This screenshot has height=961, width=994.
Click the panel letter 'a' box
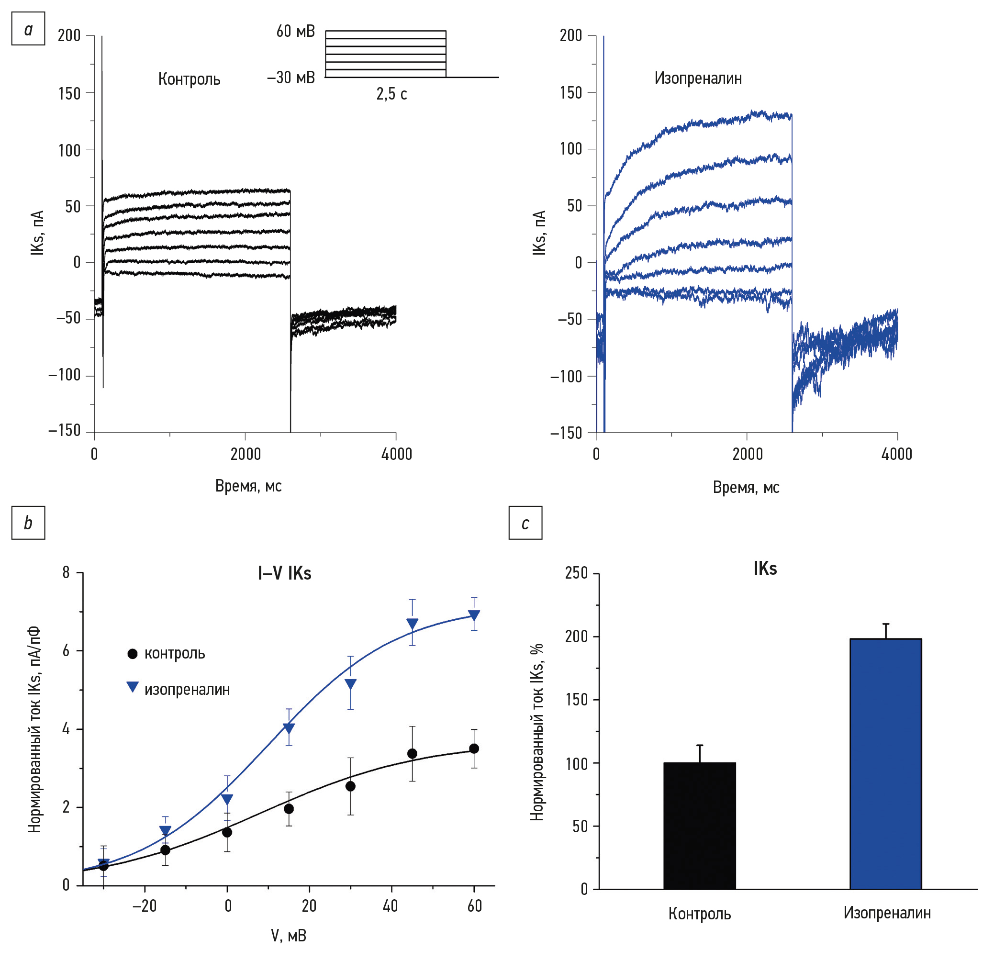click(28, 29)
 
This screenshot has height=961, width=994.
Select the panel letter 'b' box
click(28, 522)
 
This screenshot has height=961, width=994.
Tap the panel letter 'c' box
click(525, 522)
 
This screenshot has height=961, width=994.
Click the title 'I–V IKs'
click(284, 573)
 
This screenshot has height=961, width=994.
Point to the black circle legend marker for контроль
click(133, 654)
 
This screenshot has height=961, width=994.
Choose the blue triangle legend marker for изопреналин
click(133, 688)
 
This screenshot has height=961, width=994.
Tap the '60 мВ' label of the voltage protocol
click(295, 32)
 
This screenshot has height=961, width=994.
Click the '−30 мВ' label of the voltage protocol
click(291, 78)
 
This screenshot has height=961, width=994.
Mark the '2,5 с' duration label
click(391, 94)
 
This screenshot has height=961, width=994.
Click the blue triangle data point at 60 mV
click(474, 615)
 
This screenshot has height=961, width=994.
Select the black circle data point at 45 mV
click(413, 754)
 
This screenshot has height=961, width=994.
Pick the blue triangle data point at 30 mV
click(350, 684)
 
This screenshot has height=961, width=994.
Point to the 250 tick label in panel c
click(576, 573)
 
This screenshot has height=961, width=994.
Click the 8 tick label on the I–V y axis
click(66, 572)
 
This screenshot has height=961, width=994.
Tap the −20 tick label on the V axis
click(145, 906)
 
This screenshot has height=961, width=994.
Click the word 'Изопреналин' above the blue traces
click(698, 78)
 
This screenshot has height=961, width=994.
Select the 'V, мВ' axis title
click(289, 935)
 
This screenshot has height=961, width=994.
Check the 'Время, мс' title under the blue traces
click(746, 487)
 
